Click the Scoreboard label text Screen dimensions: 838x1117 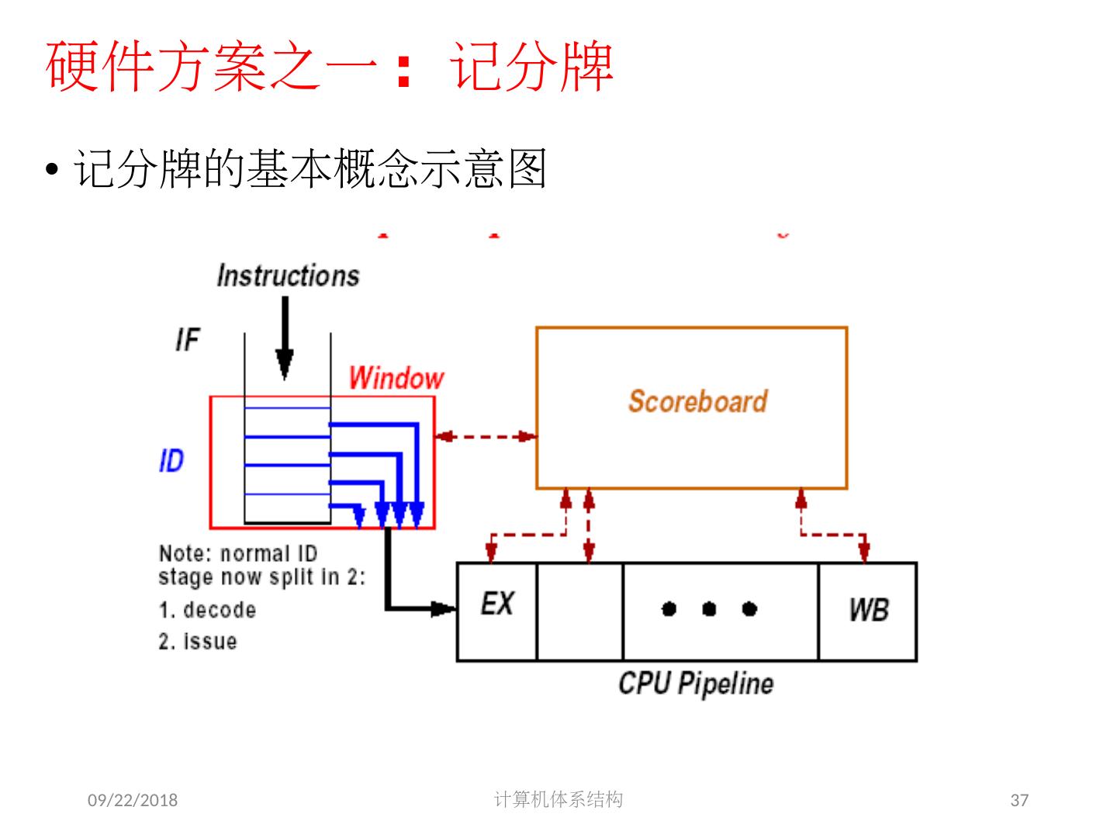pos(697,401)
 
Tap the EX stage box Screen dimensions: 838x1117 pos(497,611)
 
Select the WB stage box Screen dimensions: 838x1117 pos(868,611)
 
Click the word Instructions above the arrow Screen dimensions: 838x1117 pos(288,276)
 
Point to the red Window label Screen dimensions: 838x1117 pos(396,379)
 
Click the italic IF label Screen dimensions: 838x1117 pos(188,340)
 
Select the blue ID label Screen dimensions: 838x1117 pos(171,462)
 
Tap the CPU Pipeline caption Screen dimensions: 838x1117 pos(696,684)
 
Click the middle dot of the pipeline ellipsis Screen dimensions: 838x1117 pos(709,609)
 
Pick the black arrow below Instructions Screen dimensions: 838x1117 pos(285,338)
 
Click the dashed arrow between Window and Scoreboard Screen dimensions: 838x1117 pos(486,437)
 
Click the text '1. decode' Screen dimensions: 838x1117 pos(207,610)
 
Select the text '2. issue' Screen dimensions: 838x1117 pos(198,642)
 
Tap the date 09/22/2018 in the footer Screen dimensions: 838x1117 pos(132,800)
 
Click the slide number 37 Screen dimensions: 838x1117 pos(1019,800)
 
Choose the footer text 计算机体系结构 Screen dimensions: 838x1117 pos(558,799)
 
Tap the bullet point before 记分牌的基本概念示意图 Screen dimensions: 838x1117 pos(52,169)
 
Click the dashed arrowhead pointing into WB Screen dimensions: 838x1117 pos(865,552)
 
